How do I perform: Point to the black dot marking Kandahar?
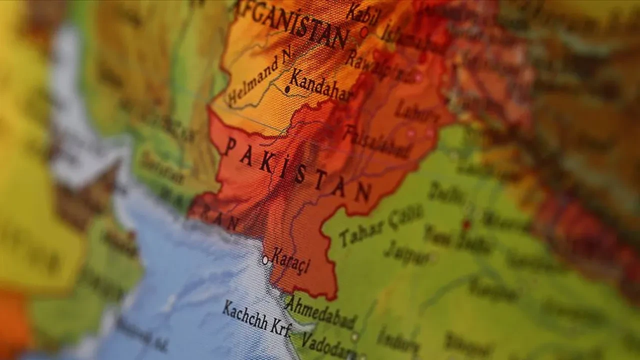coord(287,89)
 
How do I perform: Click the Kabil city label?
coord(362,13)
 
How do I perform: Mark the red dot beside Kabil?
coord(364,32)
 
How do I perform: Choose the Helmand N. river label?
coord(260,79)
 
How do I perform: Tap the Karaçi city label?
coord(290,262)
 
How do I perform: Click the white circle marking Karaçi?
coord(265,260)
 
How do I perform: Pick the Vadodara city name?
coord(327,344)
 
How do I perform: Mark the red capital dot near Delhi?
coord(466,224)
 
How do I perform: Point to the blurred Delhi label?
coord(446,192)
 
